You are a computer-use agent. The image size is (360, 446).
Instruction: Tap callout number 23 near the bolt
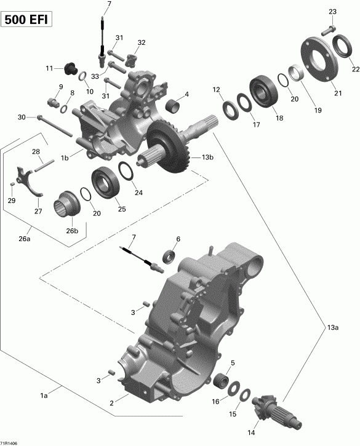coord(333,12)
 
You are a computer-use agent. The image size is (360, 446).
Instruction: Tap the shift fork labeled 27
coord(28,178)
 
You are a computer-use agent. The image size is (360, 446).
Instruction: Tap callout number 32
coord(142,42)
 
